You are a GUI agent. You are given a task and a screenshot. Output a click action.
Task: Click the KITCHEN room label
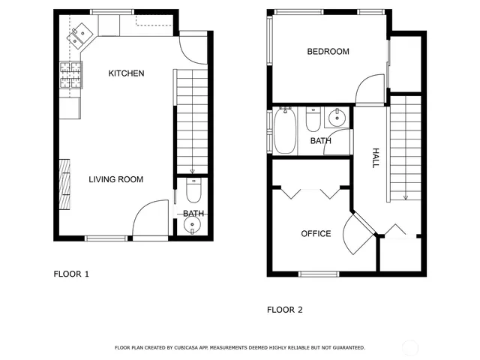(126, 73)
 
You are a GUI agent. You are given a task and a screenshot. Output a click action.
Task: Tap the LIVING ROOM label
(115, 179)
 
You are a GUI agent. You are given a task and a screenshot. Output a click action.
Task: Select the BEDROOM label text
(328, 52)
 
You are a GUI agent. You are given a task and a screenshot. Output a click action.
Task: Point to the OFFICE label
(316, 234)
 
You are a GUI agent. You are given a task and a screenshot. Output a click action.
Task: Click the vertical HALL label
(376, 157)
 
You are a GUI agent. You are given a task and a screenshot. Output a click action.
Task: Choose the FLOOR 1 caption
(71, 274)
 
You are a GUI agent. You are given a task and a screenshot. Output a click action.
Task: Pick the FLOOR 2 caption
(285, 309)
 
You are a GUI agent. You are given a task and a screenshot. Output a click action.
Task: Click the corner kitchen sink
(79, 34)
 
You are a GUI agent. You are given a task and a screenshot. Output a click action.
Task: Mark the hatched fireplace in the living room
(65, 184)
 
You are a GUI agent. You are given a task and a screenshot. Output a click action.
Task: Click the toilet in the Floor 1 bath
(193, 193)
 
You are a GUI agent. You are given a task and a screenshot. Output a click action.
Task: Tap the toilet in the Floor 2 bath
(313, 120)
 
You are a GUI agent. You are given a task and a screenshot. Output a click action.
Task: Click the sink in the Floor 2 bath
(337, 117)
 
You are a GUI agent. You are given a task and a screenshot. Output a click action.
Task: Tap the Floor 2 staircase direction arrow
(405, 196)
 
